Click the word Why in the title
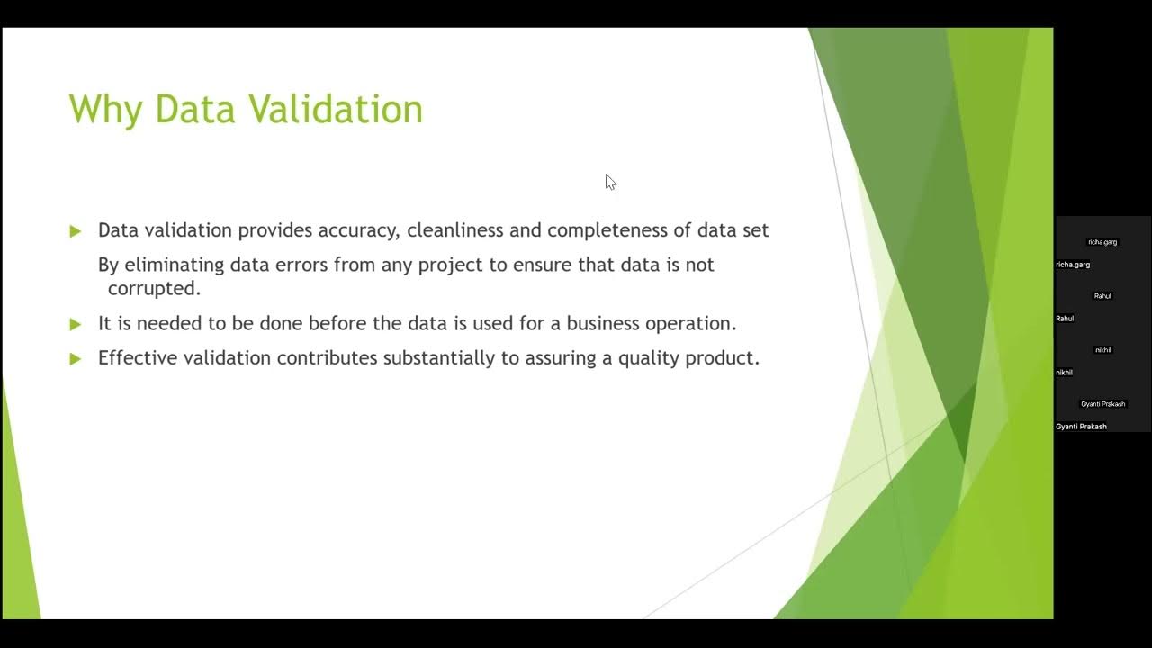point(106,110)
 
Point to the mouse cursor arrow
point(609,181)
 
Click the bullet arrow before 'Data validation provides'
point(76,231)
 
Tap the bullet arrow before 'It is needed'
point(76,324)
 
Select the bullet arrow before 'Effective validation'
point(76,358)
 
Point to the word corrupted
point(154,289)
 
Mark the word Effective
point(138,357)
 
